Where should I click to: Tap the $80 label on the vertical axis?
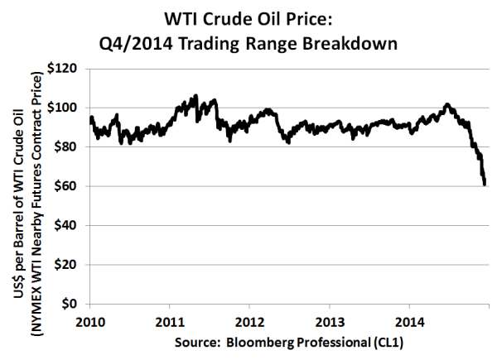(72, 147)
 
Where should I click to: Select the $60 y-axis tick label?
(72, 186)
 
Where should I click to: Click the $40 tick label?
(72, 226)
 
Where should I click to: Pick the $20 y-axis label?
(72, 265)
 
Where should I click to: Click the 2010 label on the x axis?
(89, 318)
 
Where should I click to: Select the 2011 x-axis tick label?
(169, 318)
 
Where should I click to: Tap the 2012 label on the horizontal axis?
(249, 318)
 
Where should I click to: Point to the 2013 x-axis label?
(330, 318)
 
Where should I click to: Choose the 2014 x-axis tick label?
(410, 318)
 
